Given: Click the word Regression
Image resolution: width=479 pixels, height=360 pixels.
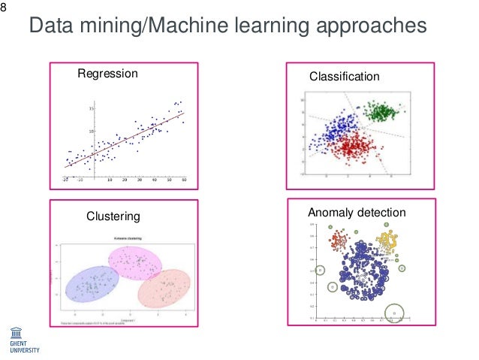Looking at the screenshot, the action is pos(107,74).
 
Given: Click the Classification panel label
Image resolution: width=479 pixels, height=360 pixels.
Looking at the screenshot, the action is pos(345,77).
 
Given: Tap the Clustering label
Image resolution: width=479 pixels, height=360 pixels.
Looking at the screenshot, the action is pos(113,216).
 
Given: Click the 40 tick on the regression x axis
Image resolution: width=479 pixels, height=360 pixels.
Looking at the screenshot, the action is pos(155,180).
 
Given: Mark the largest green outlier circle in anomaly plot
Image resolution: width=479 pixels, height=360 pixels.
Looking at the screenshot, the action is pos(393,312).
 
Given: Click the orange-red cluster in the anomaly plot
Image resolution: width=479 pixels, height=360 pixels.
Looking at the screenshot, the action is pos(339,241).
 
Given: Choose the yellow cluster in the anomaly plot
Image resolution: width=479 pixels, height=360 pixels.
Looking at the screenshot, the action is pos(386,242).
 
